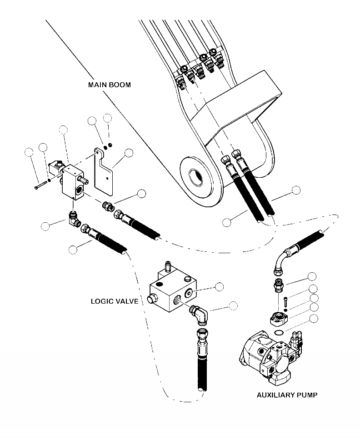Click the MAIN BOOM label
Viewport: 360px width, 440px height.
point(110,85)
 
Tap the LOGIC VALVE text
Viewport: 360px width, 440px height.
point(114,301)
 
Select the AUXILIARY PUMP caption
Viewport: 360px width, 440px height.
point(287,395)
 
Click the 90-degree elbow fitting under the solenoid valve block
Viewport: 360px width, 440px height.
point(74,220)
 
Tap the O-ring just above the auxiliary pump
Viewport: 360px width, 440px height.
point(280,334)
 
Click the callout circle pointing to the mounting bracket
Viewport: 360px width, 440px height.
point(129,153)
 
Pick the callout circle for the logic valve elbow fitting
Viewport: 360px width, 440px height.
point(233,305)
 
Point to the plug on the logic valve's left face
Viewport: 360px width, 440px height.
point(153,300)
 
